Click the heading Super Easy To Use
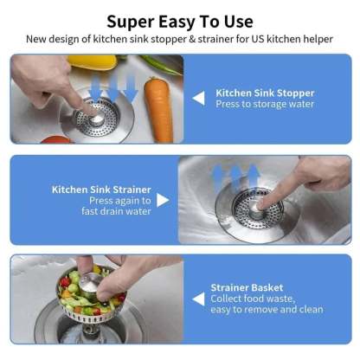(x=180, y=21)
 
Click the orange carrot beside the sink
(x=158, y=109)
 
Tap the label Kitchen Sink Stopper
(x=264, y=92)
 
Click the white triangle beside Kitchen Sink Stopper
(x=198, y=98)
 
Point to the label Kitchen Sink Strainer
(x=101, y=189)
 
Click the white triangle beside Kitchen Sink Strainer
(x=163, y=200)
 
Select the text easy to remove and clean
(x=267, y=310)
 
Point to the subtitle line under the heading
(x=180, y=39)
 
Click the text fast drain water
(x=116, y=211)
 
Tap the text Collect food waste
(x=254, y=299)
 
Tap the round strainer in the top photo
(x=95, y=119)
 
